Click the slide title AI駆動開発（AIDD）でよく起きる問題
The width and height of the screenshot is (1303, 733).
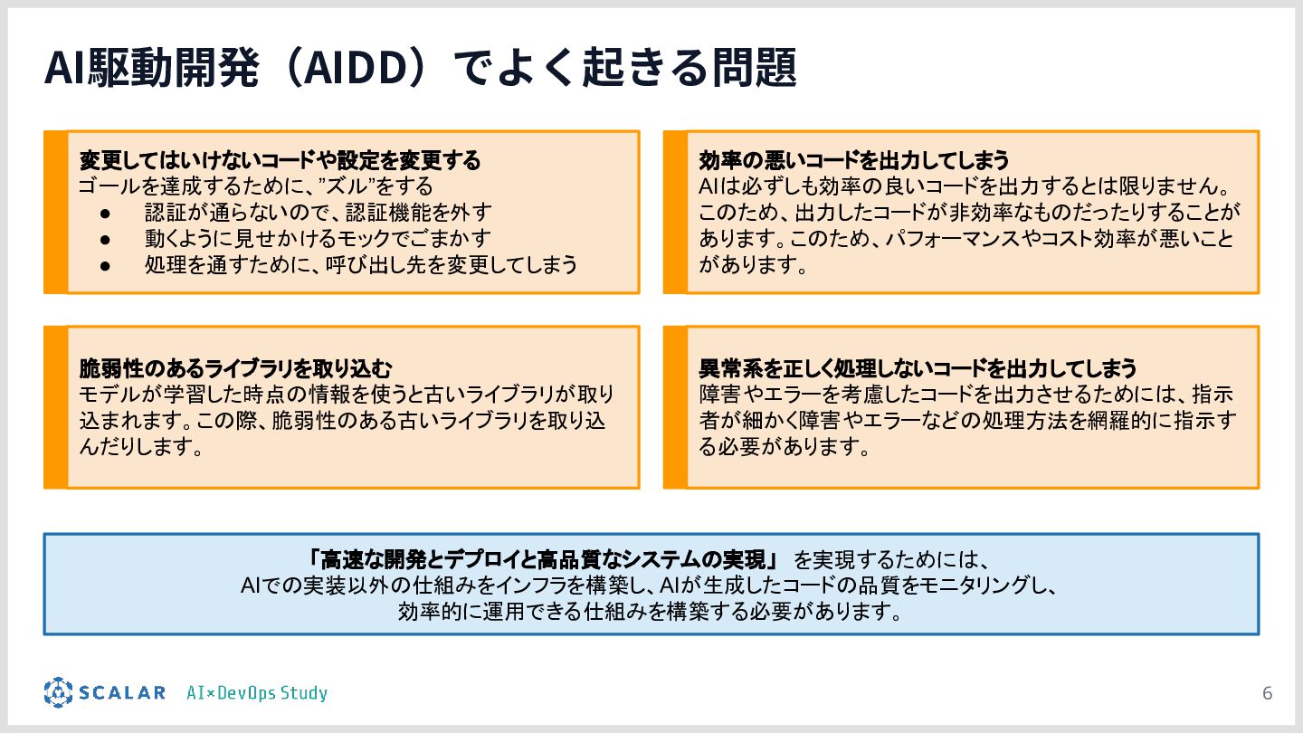[420, 68]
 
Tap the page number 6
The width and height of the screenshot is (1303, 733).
[1267, 694]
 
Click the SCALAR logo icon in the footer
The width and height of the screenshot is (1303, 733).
[58, 692]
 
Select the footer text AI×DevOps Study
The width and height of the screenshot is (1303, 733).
[256, 694]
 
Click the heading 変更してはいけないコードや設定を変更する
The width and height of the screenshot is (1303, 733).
[280, 161]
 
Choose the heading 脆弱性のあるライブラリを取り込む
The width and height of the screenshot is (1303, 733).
[236, 369]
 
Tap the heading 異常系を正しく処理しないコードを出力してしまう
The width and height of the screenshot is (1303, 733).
[918, 369]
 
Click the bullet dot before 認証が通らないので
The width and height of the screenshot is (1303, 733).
[105, 214]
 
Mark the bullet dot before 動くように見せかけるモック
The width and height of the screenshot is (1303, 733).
[105, 240]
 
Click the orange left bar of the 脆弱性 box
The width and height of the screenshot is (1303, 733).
[56, 407]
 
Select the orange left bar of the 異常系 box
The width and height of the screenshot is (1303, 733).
[675, 407]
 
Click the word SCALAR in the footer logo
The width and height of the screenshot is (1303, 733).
[121, 693]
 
